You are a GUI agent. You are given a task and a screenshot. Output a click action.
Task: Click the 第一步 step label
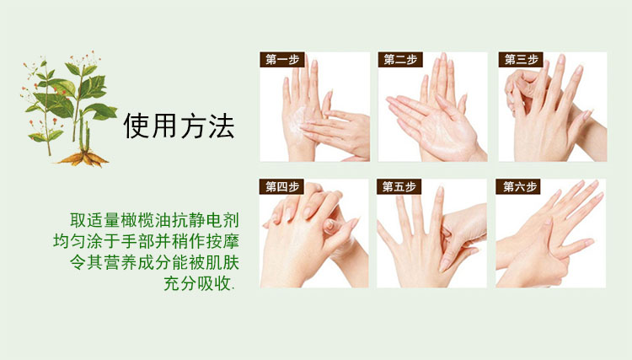click(x=282, y=60)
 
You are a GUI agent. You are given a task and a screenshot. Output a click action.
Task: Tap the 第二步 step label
click(x=400, y=60)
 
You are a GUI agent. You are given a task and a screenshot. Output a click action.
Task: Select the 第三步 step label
click(x=521, y=60)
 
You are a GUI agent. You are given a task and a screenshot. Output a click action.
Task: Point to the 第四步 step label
click(x=281, y=186)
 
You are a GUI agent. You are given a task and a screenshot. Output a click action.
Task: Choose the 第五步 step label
click(x=399, y=186)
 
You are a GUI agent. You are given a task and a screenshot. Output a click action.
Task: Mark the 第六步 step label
click(x=518, y=186)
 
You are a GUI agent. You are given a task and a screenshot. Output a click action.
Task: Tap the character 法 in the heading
click(x=222, y=126)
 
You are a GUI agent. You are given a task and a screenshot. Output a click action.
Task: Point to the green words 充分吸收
click(x=197, y=283)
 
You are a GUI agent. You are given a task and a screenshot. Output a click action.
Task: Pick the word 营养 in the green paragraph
click(x=121, y=262)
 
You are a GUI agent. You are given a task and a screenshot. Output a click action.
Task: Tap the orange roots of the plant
click(x=83, y=159)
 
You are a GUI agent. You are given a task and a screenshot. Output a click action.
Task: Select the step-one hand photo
click(x=315, y=107)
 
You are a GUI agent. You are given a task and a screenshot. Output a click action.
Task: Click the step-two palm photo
click(x=432, y=107)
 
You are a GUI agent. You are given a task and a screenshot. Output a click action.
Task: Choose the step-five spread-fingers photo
click(x=431, y=234)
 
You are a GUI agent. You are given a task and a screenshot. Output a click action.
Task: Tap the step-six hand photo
click(x=550, y=234)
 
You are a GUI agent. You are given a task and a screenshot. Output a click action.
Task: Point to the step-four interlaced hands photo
click(x=314, y=234)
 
